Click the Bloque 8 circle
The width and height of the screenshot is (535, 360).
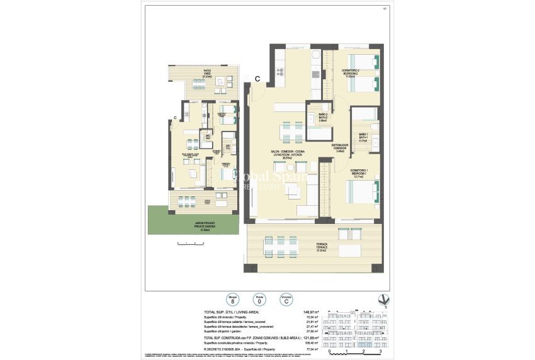pyautogui.click(x=233, y=300)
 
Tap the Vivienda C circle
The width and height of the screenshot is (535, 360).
pyautogui.click(x=286, y=300)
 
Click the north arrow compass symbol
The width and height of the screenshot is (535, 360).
pyautogui.click(x=378, y=300)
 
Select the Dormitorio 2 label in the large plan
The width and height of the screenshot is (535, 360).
pyautogui.click(x=351, y=72)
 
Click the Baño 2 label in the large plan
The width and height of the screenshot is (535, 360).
pyautogui.click(x=322, y=116)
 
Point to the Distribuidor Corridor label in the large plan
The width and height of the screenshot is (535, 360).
pyautogui.click(x=340, y=149)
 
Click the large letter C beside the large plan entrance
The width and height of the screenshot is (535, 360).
pyautogui.click(x=258, y=78)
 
